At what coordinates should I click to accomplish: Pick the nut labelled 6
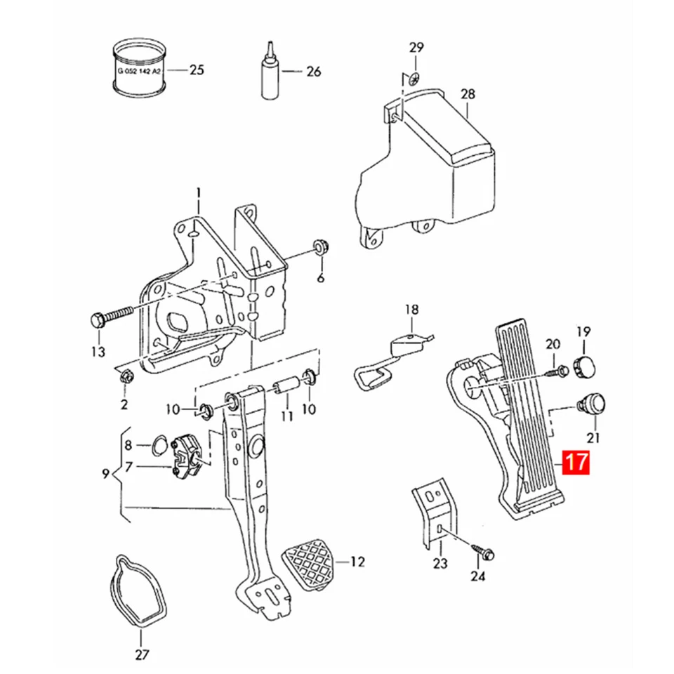point(321,247)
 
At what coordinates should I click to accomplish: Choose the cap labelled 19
point(585,364)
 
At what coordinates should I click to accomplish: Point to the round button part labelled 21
point(593,403)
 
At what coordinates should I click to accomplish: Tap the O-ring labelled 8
point(159,444)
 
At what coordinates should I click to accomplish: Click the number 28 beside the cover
point(468,94)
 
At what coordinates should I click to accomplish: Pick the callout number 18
point(411,309)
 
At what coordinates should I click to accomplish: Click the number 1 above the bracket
point(199,191)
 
